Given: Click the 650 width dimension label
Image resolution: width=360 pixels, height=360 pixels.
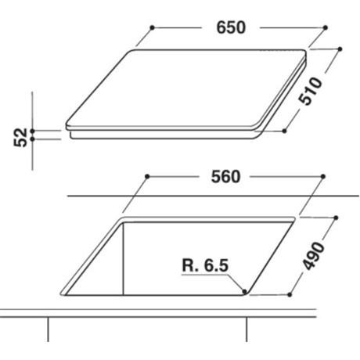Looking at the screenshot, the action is tap(231, 27).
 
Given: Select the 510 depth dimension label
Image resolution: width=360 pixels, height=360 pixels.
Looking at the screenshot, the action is tap(311, 91).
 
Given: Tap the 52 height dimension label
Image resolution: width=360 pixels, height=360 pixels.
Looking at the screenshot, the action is tap(20, 138).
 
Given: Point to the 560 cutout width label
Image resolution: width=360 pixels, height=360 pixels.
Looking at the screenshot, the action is tap(225, 177).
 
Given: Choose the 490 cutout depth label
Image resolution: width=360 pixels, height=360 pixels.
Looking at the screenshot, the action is tap(314, 256).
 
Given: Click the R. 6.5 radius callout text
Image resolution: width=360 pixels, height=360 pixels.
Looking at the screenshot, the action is tap(205, 265).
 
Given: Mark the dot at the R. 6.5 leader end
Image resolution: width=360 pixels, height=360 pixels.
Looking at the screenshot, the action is tap(244, 291).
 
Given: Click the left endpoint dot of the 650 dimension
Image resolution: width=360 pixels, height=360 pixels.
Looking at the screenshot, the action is tap(153, 27).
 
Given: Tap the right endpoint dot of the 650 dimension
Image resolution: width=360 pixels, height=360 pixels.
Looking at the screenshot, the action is tap(326, 27).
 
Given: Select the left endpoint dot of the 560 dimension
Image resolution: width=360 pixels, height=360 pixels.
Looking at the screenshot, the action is tap(147, 177).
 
